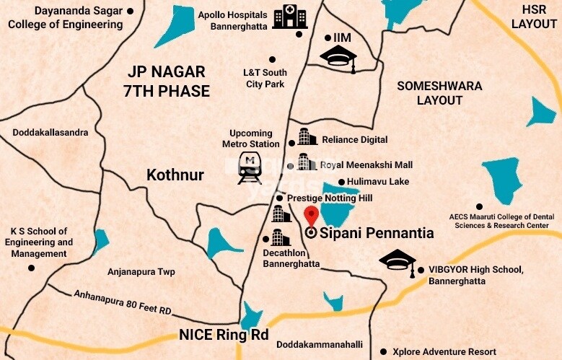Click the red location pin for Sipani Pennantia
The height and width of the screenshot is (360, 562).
click(x=311, y=216)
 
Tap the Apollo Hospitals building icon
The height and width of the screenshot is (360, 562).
click(x=290, y=17)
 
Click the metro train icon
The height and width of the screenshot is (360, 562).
click(x=250, y=168)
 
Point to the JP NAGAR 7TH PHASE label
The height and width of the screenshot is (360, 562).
click(x=167, y=82)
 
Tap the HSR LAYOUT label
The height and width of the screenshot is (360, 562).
click(x=533, y=16)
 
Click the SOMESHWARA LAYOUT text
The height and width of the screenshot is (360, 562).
click(x=439, y=93)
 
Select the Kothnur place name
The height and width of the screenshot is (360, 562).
click(x=175, y=175)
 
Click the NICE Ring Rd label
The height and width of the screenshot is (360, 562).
click(x=223, y=335)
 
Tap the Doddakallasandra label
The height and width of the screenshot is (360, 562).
click(x=51, y=133)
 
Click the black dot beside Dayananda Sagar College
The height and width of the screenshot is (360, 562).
click(x=130, y=12)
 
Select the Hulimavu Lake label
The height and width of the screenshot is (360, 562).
click(x=378, y=182)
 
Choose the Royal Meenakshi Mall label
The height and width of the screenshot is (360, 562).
click(x=366, y=164)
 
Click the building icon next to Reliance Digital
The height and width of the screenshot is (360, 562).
click(x=307, y=137)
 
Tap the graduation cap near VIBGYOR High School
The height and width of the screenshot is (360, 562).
click(x=398, y=260)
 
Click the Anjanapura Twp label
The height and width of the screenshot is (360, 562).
click(x=141, y=272)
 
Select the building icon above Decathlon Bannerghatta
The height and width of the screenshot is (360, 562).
click(x=280, y=213)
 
